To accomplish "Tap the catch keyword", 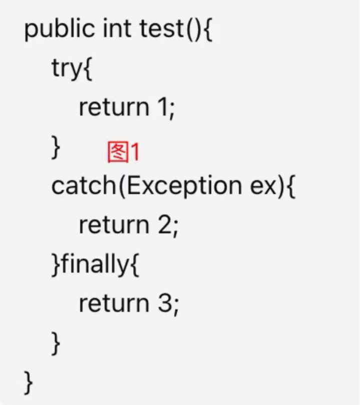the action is (x=83, y=186).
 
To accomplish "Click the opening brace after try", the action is (x=88, y=69).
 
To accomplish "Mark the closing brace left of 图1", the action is (x=56, y=148).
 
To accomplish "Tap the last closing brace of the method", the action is (x=29, y=382).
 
